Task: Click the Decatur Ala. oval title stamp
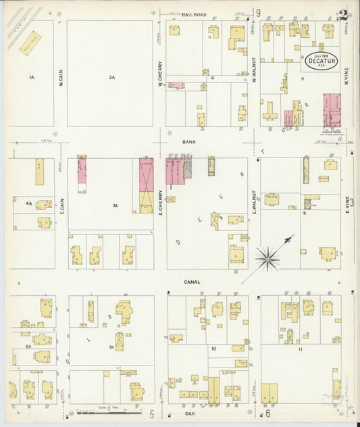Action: [x=322, y=59]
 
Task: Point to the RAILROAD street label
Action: [x=193, y=14]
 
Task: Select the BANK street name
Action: [x=188, y=143]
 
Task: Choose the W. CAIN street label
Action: [x=60, y=80]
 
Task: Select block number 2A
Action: [x=112, y=78]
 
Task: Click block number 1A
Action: [x=31, y=78]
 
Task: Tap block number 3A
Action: [x=115, y=205]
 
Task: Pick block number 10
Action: [x=213, y=349]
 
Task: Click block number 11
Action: [x=300, y=349]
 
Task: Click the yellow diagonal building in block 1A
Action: [x=30, y=43]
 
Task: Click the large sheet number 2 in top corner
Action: [x=343, y=16]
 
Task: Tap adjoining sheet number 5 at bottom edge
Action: [x=152, y=413]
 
